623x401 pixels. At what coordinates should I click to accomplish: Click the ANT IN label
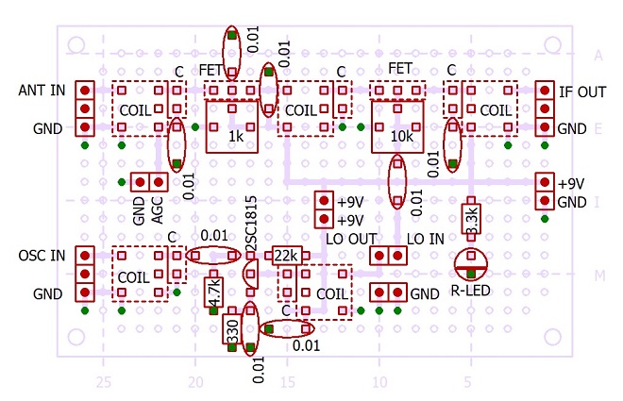42,91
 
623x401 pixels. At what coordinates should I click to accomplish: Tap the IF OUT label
582,92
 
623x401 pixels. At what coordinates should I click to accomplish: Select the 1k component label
236,136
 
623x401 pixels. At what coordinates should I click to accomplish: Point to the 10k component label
401,136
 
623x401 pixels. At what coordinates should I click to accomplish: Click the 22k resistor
287,256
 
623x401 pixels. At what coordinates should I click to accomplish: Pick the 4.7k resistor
213,292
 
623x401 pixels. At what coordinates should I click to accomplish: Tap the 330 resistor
232,329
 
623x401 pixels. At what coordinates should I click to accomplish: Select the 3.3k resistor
471,219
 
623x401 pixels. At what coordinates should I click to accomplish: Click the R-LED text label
470,291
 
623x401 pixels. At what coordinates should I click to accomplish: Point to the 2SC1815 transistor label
251,223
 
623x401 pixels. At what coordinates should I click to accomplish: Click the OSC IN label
42,256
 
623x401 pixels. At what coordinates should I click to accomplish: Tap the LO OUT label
351,239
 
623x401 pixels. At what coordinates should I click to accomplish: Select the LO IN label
426,239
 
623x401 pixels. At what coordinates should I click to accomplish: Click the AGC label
158,210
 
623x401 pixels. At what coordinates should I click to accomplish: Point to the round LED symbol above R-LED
471,264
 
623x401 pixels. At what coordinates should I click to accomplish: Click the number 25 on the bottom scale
103,382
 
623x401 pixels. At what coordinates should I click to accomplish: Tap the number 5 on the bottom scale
467,382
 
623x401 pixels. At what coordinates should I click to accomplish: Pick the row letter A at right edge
598,56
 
